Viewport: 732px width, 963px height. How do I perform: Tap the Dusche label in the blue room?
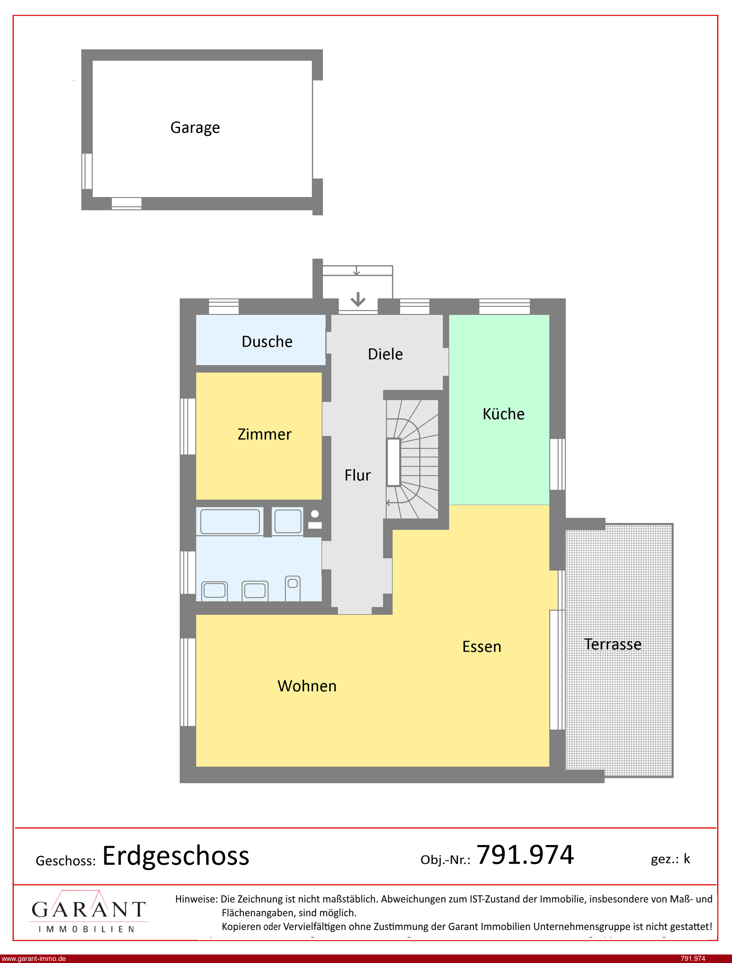click(x=267, y=342)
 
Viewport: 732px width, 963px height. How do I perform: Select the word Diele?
click(x=385, y=354)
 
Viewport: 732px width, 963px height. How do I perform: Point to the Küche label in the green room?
click(x=503, y=413)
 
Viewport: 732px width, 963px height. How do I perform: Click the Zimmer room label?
click(x=265, y=434)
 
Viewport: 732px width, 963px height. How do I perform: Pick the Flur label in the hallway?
click(x=357, y=475)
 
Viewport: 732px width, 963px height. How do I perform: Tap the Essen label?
click(x=481, y=646)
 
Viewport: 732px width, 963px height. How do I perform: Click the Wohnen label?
click(x=307, y=686)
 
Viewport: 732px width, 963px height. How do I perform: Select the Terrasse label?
click(x=613, y=644)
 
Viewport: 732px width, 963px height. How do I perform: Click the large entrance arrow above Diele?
click(x=358, y=299)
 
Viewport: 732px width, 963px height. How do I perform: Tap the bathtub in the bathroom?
click(x=230, y=521)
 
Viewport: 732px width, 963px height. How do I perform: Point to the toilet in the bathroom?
click(x=293, y=588)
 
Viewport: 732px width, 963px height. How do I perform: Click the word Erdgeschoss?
click(x=176, y=856)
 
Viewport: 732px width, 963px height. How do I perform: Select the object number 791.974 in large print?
click(x=525, y=855)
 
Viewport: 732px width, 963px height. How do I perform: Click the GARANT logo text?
click(x=88, y=909)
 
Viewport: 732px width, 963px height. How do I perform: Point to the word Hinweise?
click(x=196, y=899)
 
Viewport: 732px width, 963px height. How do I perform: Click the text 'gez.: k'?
click(x=670, y=859)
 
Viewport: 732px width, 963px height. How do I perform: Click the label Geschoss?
click(x=65, y=861)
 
